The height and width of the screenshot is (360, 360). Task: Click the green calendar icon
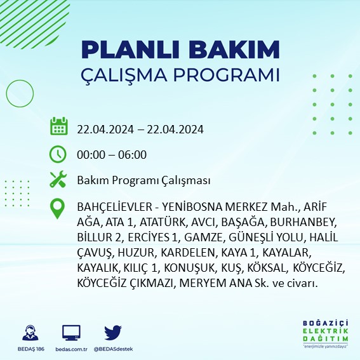tap(58, 127)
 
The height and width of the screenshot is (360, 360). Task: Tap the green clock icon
tap(58, 154)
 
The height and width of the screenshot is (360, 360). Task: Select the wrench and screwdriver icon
tap(58, 181)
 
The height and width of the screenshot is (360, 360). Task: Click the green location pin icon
tap(58, 210)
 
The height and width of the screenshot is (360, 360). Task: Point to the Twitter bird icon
tap(112, 333)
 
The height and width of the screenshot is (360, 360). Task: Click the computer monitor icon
tap(71, 333)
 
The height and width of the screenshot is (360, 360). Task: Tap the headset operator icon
tap(29, 333)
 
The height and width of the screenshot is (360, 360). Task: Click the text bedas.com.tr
tap(70, 350)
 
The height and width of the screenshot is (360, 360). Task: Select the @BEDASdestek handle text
tap(112, 350)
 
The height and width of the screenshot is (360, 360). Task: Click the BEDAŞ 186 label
tap(29, 350)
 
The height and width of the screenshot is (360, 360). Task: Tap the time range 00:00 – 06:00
tap(112, 154)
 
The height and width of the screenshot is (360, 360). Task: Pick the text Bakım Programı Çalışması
tap(143, 181)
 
